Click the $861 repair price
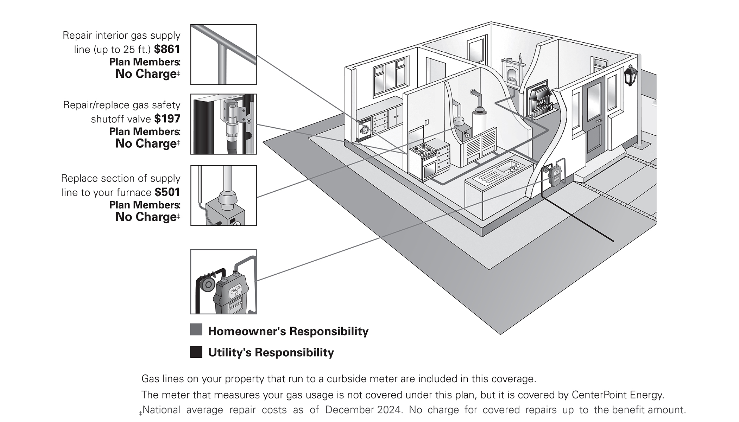pos(167,49)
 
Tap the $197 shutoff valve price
pos(167,119)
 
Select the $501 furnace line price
pos(167,192)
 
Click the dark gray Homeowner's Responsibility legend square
pos(196,330)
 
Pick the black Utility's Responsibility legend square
pos(196,352)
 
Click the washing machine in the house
pos(365,129)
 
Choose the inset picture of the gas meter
pos(223,281)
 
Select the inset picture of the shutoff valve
pos(223,124)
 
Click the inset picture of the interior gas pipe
pos(223,55)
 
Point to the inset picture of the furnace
pos(223,196)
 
